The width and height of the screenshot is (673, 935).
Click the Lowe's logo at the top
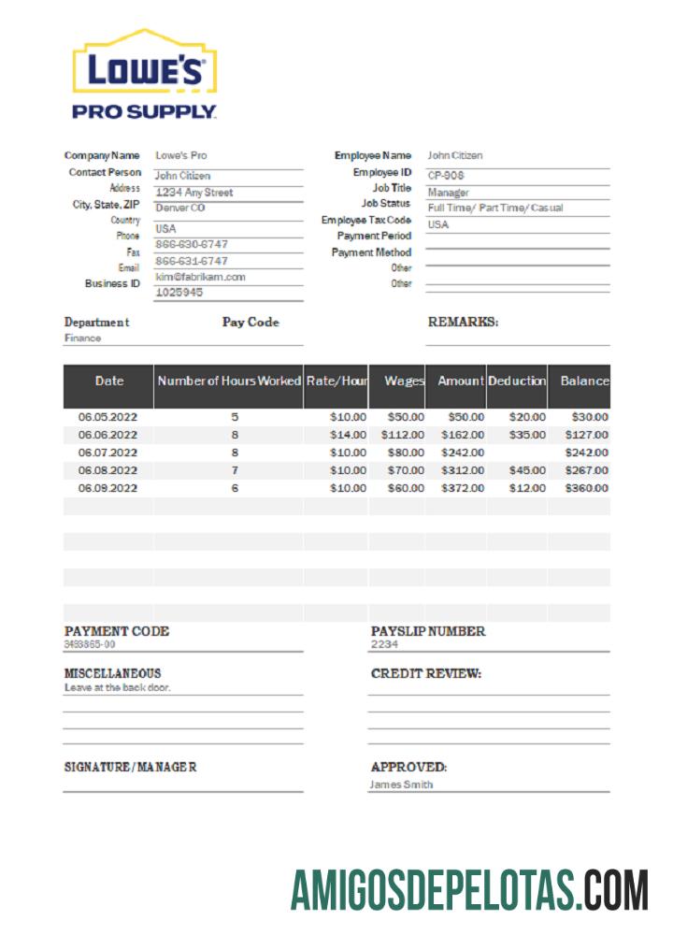pos(145,74)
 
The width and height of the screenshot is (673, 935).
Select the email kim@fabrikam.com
pos(200,277)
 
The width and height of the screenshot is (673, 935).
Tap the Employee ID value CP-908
pos(446,175)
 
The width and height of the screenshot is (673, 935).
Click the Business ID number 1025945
pos(179,292)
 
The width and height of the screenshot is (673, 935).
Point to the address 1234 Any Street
pos(193,193)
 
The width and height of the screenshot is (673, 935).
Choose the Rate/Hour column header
pos(336,381)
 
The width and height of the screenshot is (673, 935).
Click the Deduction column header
pos(517,381)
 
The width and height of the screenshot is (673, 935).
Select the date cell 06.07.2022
pos(107,453)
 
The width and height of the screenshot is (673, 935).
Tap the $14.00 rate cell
pos(348,435)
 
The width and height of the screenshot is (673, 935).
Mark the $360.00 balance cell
pos(586,488)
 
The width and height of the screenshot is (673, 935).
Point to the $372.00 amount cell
pos(465,488)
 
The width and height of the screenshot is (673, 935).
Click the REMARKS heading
pos(463,322)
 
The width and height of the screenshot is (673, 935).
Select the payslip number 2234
pos(384,644)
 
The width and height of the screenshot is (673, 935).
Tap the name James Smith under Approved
pos(401,784)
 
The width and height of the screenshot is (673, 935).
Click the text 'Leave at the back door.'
pos(118,687)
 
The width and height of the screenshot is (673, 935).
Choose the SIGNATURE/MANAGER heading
pos(130,768)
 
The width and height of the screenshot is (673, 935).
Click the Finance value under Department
pos(82,338)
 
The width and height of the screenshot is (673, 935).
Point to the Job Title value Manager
pos(449,192)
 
